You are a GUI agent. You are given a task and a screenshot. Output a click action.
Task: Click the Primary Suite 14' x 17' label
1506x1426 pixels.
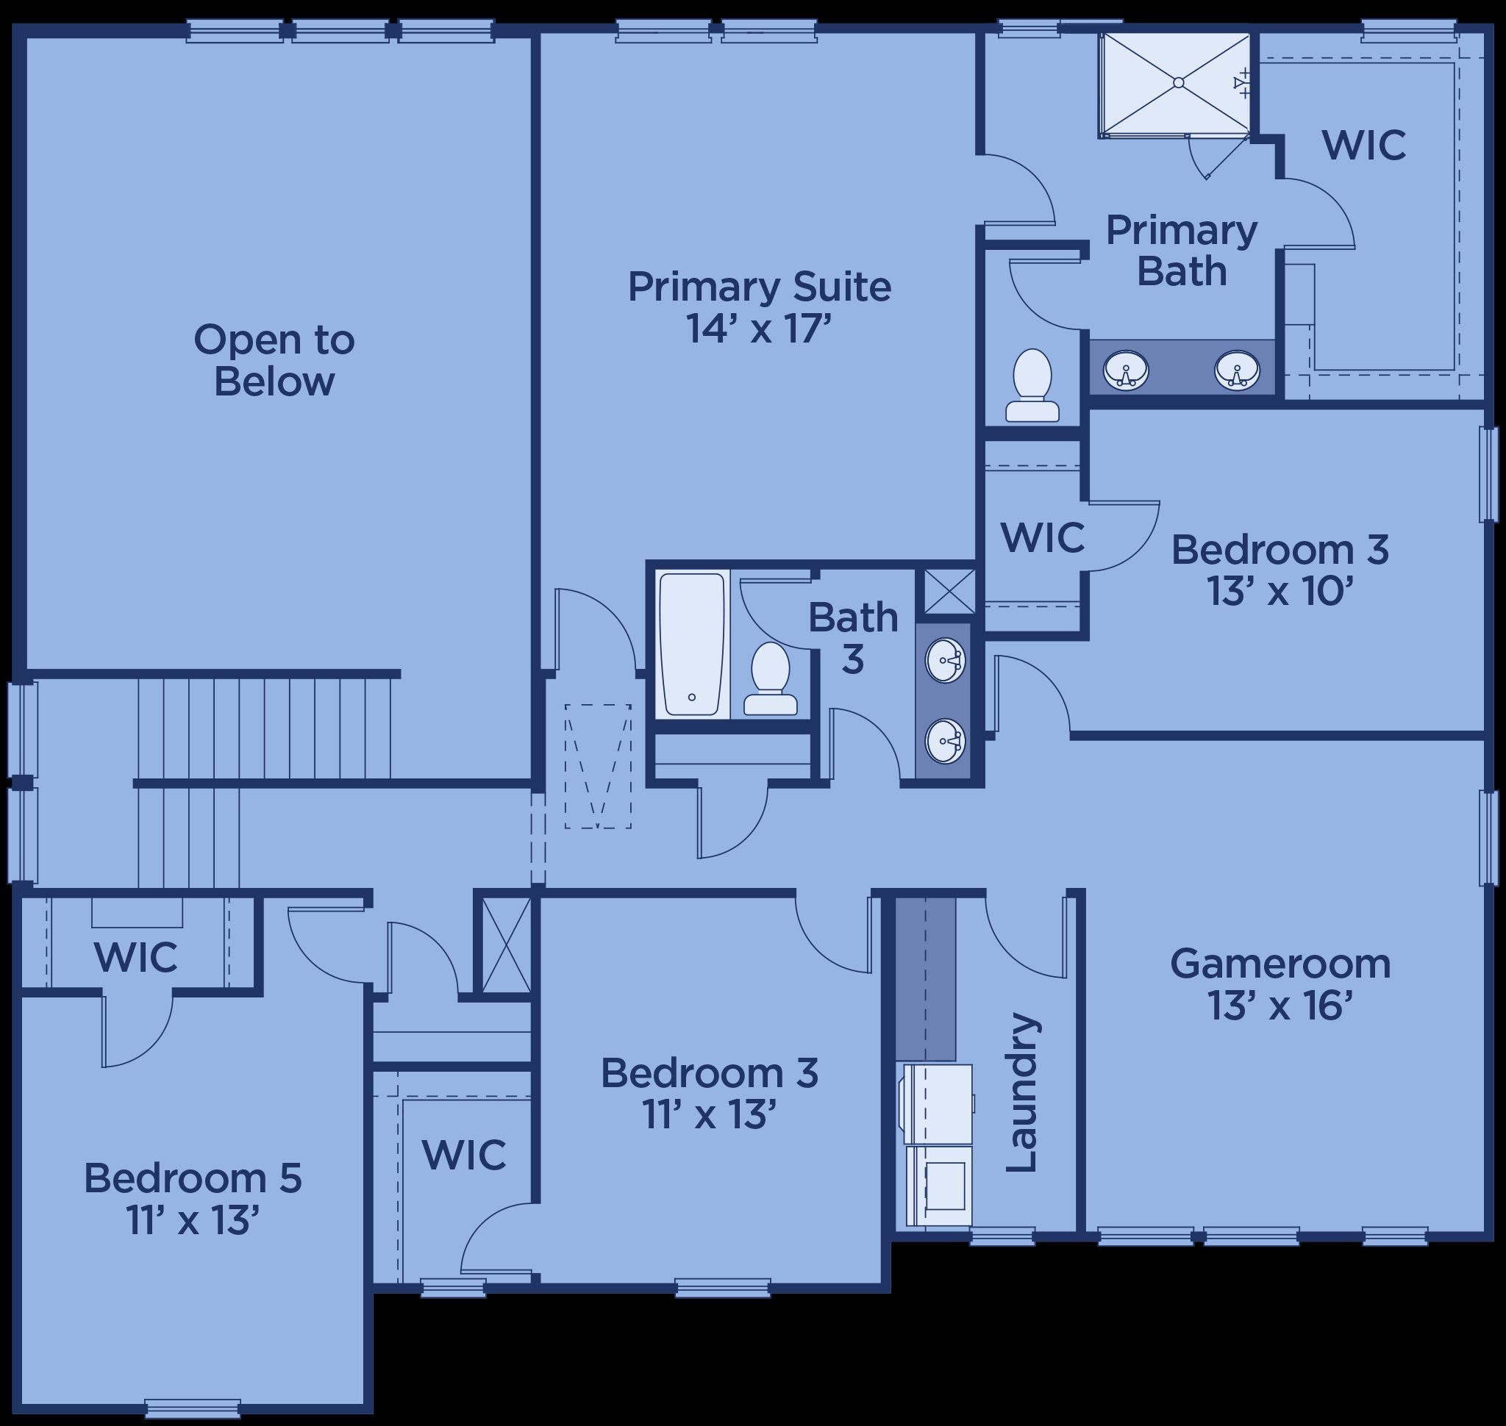tap(759, 308)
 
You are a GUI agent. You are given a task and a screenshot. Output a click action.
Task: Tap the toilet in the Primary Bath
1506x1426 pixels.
tap(1032, 385)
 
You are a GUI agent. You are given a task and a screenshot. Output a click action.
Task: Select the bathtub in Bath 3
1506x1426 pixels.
tap(691, 645)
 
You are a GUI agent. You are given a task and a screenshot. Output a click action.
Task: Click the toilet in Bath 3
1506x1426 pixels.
tap(770, 678)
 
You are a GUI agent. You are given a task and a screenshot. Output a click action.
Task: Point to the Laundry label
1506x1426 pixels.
tap(1021, 1092)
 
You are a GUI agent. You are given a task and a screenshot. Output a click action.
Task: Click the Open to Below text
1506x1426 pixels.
tap(274, 360)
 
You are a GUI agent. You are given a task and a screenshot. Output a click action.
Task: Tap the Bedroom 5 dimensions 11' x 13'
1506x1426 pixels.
tap(193, 1222)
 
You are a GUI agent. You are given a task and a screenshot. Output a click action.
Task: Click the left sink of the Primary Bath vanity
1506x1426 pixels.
tap(1126, 370)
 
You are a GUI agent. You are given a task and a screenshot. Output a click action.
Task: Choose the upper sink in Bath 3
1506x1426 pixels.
tap(946, 661)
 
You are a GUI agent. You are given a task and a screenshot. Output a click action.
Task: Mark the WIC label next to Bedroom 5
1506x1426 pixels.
tap(135, 957)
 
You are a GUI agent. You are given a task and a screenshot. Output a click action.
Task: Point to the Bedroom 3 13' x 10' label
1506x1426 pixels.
tap(1280, 570)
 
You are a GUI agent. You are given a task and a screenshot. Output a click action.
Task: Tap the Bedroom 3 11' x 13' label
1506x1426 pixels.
tap(710, 1094)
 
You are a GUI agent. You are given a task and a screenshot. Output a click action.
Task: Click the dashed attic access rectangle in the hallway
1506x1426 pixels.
tap(598, 766)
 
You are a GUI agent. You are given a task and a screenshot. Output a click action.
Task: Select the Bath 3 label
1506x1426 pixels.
tap(852, 638)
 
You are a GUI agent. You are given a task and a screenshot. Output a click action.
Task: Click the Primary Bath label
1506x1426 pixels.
tap(1181, 250)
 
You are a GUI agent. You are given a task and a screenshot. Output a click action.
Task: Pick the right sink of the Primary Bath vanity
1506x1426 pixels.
tap(1237, 370)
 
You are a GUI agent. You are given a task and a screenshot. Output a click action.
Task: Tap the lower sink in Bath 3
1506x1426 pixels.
tap(946, 741)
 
